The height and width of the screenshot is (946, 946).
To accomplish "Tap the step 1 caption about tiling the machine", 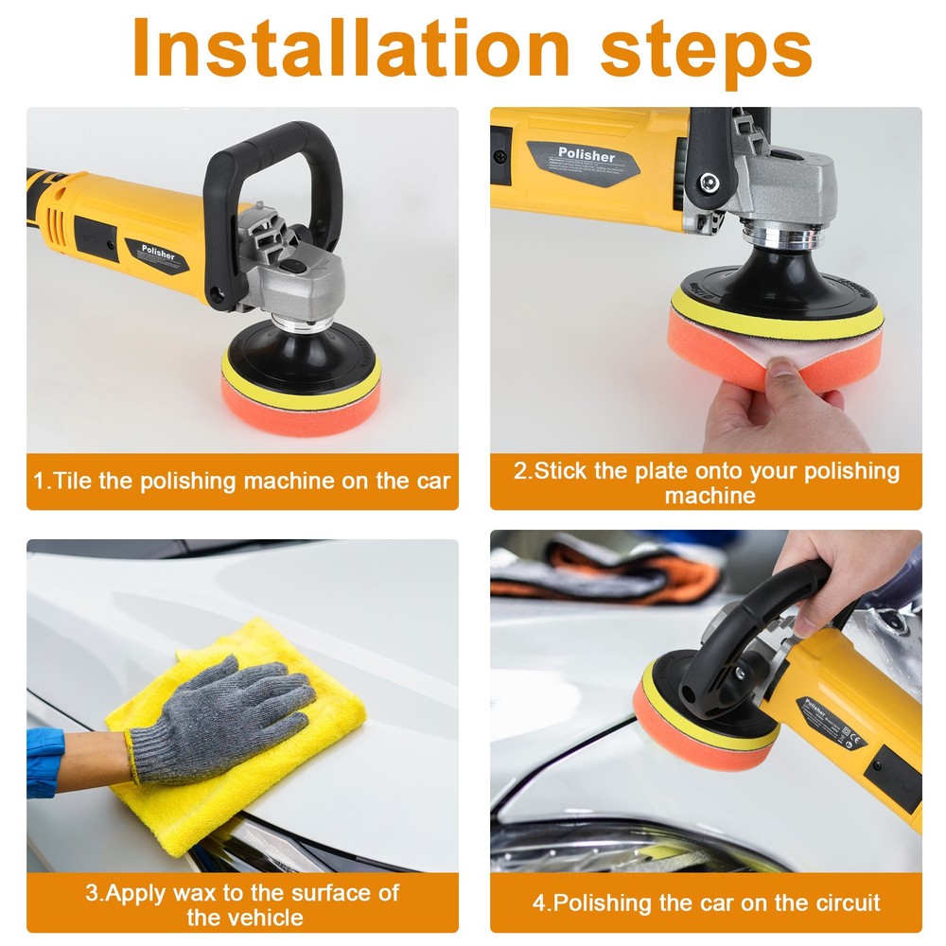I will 242,481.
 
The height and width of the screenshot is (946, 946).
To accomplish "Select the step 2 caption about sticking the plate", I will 706,482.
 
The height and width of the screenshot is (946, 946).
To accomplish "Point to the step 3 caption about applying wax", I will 242,903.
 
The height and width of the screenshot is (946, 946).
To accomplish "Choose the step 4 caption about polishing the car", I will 706,902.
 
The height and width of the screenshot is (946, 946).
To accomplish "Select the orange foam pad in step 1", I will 300,409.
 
